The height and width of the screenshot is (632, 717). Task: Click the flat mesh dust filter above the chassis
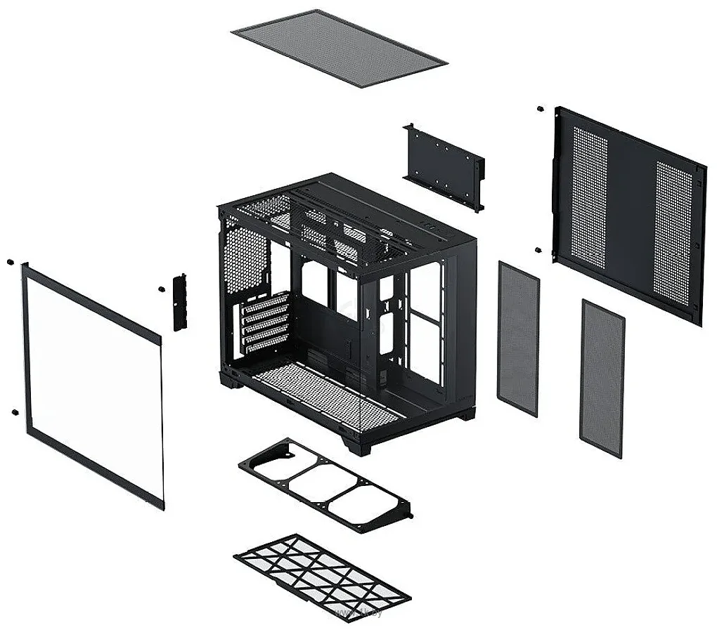[338, 47]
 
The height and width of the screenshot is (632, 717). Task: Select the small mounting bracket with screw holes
[443, 166]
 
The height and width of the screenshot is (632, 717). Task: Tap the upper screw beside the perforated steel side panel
[538, 109]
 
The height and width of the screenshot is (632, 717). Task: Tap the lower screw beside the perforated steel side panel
[537, 249]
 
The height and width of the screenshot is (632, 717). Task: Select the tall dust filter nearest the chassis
[517, 338]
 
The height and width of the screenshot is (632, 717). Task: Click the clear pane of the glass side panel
[91, 386]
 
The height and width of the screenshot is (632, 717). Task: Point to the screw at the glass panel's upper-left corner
[10, 262]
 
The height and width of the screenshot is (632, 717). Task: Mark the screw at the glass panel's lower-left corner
[13, 412]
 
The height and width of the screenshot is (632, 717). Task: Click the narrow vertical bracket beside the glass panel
[180, 302]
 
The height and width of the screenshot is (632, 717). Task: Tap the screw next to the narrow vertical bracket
[160, 289]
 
